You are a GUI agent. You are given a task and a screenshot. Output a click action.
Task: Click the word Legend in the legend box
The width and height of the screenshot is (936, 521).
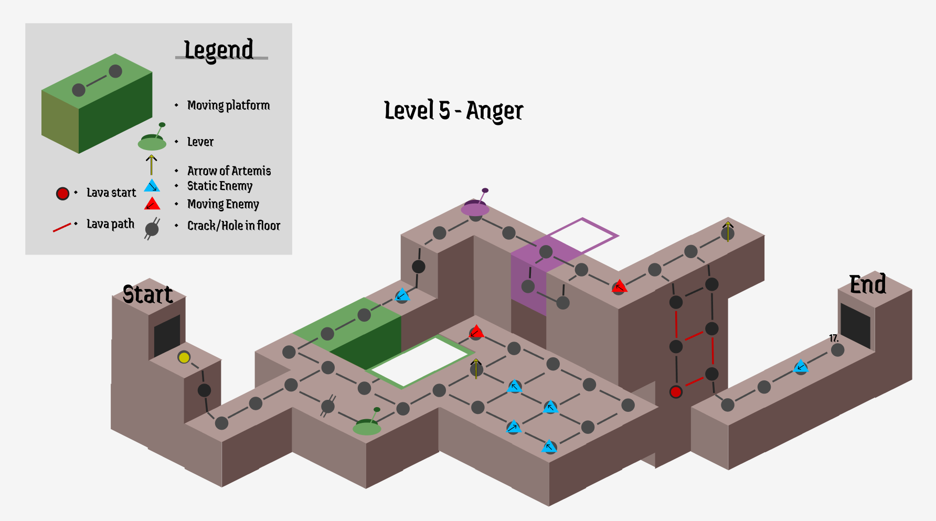pos(219,50)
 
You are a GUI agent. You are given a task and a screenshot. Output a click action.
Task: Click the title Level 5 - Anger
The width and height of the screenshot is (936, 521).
pos(453,111)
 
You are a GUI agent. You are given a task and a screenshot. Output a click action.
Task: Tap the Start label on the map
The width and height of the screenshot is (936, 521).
pos(147,294)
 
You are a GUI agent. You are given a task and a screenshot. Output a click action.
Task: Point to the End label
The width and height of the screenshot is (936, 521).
pos(868,285)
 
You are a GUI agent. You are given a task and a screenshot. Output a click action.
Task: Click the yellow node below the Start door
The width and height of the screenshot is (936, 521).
pos(184,358)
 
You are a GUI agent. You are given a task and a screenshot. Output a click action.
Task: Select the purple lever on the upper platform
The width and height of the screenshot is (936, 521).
pos(475,207)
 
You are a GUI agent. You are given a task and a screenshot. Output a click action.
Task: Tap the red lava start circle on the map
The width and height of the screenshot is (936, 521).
pos(676,391)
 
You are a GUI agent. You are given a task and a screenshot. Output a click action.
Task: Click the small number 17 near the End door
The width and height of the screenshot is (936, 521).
pos(833,338)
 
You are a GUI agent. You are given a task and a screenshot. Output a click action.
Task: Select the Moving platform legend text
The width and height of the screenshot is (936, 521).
pos(228,105)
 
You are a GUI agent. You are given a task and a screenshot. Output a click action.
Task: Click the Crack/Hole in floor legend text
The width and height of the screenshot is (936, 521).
pos(233,226)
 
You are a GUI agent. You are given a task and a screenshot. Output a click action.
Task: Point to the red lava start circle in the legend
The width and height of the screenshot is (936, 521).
pos(62,194)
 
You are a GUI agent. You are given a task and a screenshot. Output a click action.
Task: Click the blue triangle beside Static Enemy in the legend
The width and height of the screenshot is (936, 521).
pos(152,186)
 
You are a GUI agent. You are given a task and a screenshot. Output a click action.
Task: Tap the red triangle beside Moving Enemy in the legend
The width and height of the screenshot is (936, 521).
pos(152,204)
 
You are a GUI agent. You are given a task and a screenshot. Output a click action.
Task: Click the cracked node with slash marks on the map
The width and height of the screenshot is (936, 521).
pos(328,406)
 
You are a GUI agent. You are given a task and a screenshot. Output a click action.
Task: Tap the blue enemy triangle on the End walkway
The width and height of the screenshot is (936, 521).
pos(801,366)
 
